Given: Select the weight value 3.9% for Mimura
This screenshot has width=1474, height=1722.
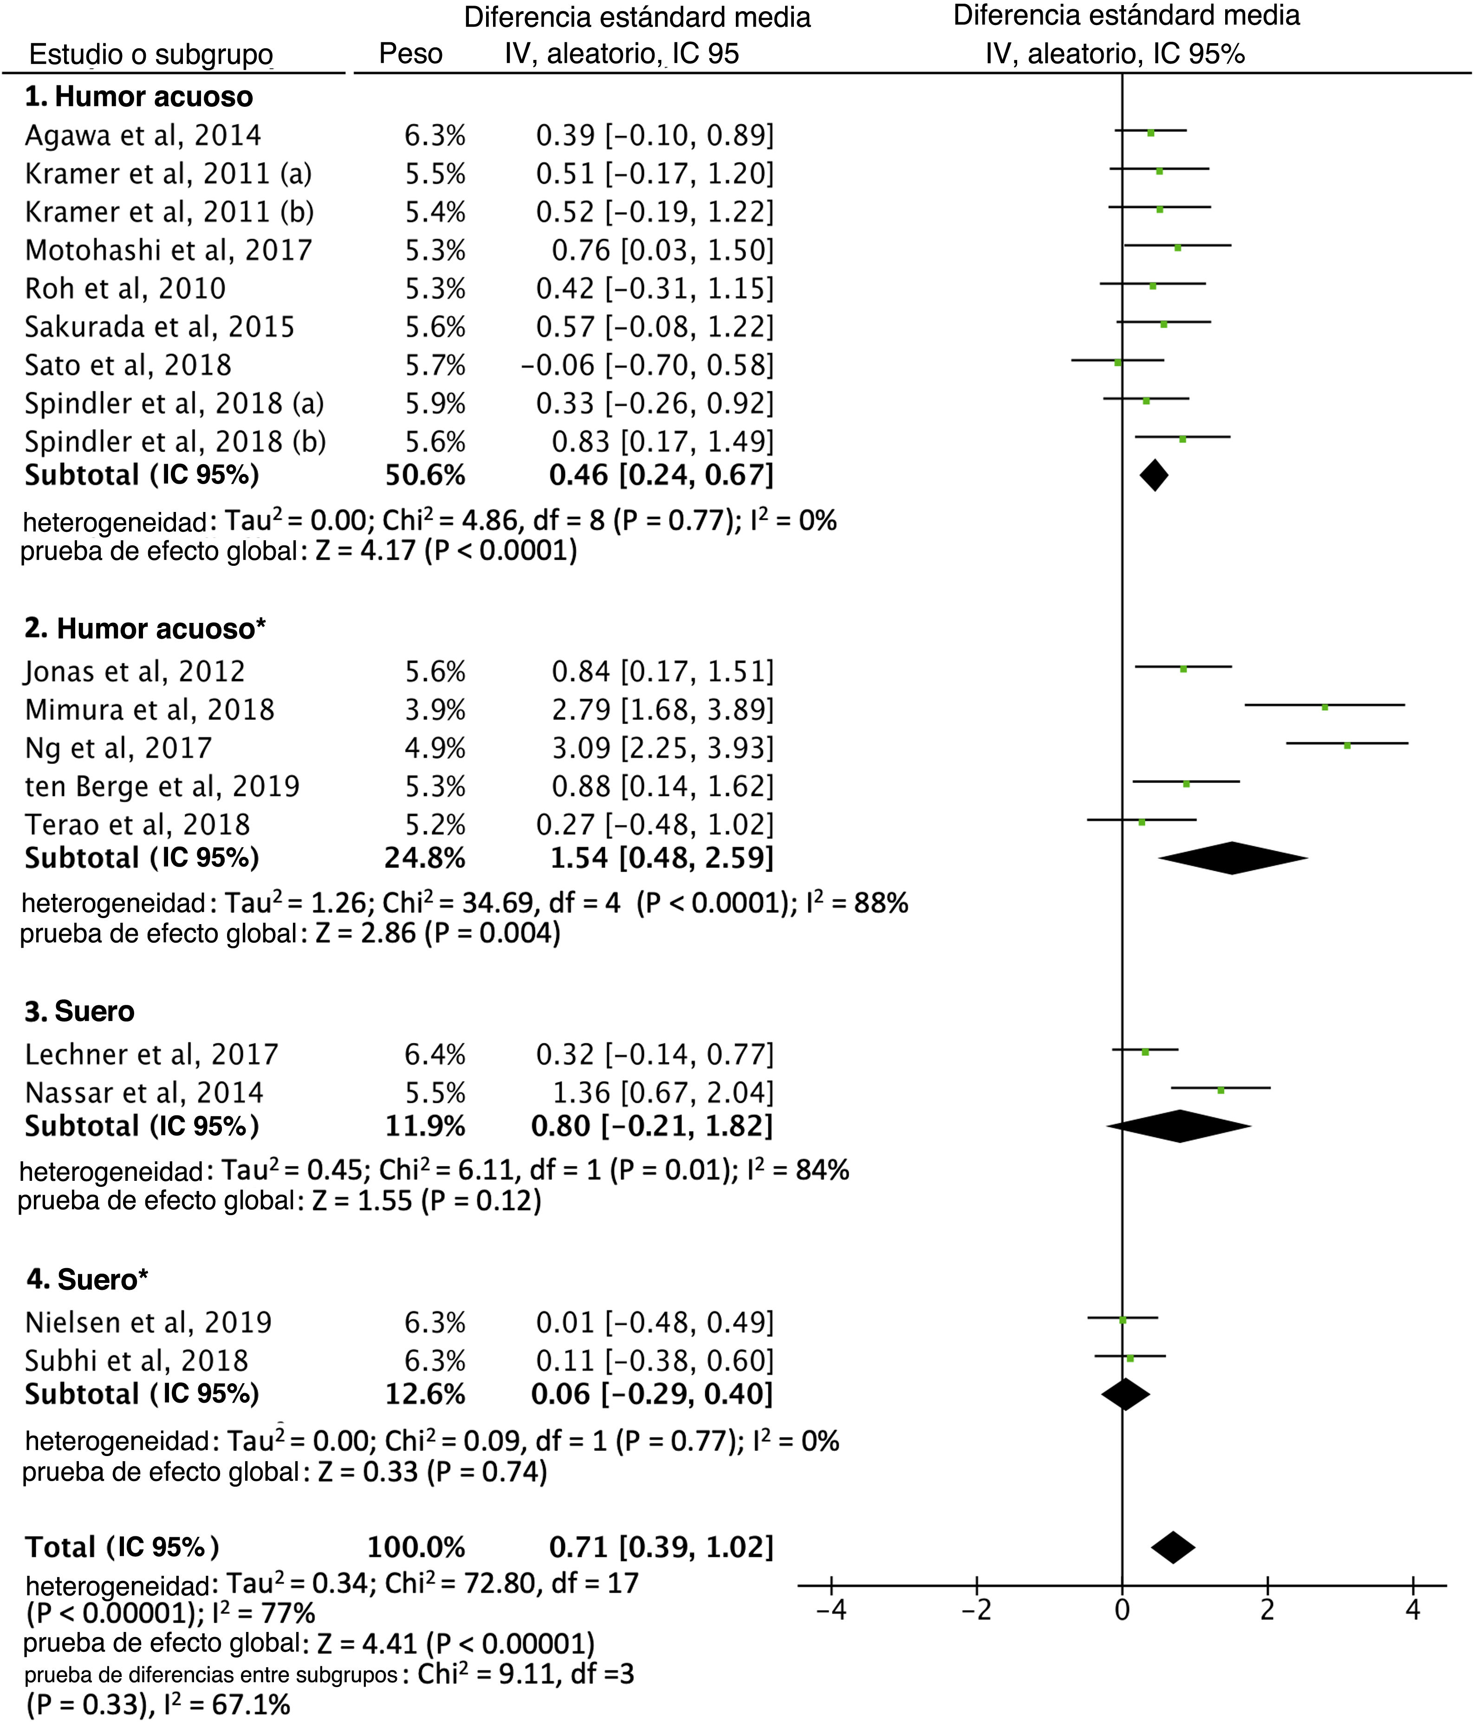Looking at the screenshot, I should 435,710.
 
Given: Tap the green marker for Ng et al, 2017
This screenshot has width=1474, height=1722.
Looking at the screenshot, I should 1347,745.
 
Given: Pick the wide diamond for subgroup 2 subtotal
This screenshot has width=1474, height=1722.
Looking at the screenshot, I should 1233,858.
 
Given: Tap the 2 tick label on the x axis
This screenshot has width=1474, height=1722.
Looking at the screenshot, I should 1267,1610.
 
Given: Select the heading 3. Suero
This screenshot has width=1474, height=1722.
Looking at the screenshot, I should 80,1011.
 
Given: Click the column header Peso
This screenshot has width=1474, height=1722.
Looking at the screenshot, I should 411,54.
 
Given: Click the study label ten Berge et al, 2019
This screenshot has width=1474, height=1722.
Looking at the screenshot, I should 162,786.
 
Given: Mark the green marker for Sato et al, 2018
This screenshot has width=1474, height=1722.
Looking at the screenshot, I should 1117,363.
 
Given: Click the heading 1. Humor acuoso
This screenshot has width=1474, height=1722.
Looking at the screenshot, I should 139,97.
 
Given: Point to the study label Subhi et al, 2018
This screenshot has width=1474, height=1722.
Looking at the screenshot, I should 137,1360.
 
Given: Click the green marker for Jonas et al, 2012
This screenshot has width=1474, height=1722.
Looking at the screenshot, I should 1183,669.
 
